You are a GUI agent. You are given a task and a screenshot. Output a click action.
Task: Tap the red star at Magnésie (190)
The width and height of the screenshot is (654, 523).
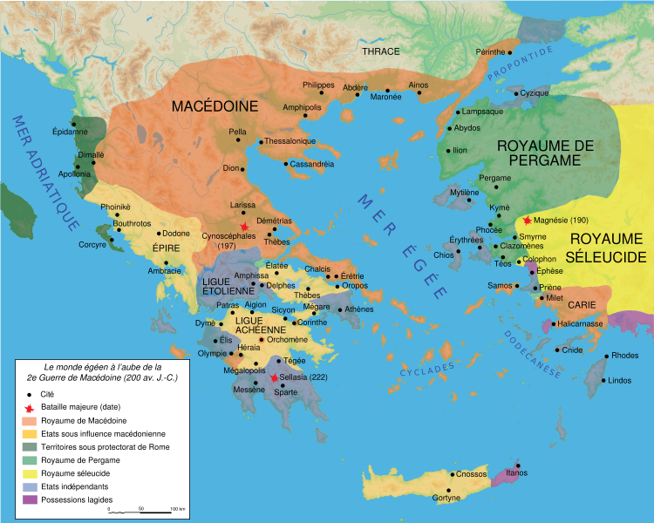point(526,221)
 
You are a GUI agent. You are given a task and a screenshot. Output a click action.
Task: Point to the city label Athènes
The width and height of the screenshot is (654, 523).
point(358,309)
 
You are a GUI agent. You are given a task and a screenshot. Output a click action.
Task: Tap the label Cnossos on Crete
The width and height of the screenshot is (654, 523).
point(470,474)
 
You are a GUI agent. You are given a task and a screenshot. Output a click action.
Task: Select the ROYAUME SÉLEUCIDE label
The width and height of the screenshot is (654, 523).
point(607,247)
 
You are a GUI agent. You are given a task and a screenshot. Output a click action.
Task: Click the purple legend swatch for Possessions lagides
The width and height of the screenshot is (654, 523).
point(31,499)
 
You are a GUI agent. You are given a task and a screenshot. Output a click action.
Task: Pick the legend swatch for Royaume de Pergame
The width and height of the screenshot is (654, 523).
point(31,460)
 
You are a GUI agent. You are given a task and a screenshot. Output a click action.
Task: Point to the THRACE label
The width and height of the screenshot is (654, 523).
point(380,51)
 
